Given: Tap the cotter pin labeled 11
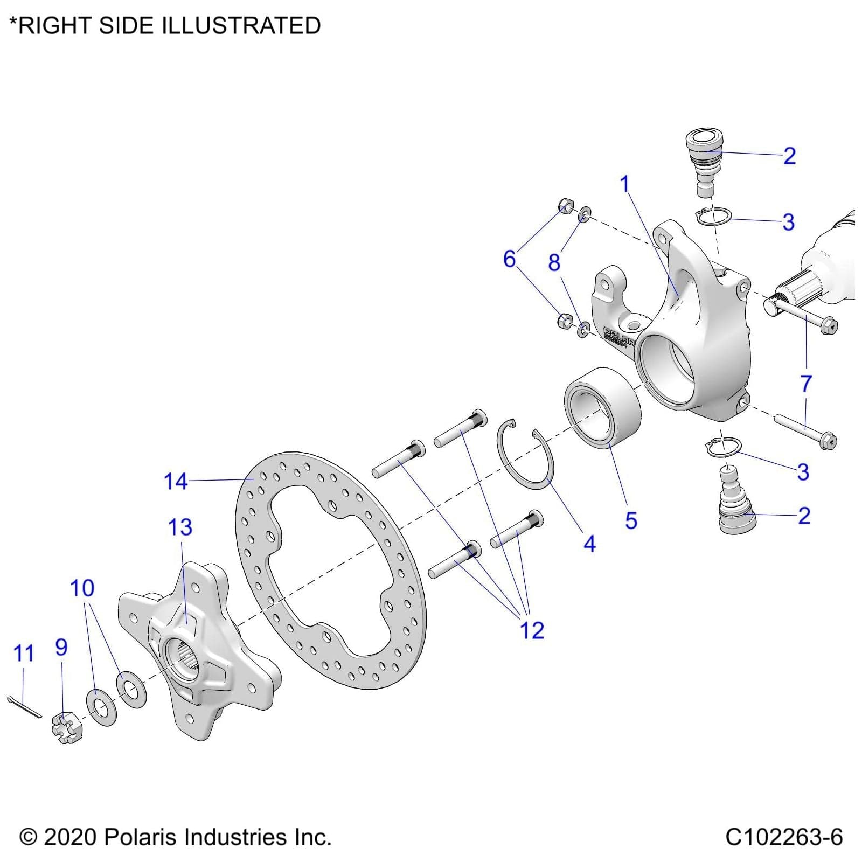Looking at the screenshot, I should (x=24, y=707).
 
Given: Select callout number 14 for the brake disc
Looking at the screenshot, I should (x=176, y=481).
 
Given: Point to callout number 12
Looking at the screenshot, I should (x=532, y=630).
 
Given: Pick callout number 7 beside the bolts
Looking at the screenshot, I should (x=806, y=384).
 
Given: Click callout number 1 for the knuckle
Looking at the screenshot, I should (x=625, y=184).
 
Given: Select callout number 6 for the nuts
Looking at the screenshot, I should (x=509, y=259).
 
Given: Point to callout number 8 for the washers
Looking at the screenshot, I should (x=554, y=263).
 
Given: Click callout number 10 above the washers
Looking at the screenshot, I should (x=82, y=588).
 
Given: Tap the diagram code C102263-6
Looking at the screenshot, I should (x=783, y=837).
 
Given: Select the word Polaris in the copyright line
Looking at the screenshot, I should (x=141, y=837).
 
